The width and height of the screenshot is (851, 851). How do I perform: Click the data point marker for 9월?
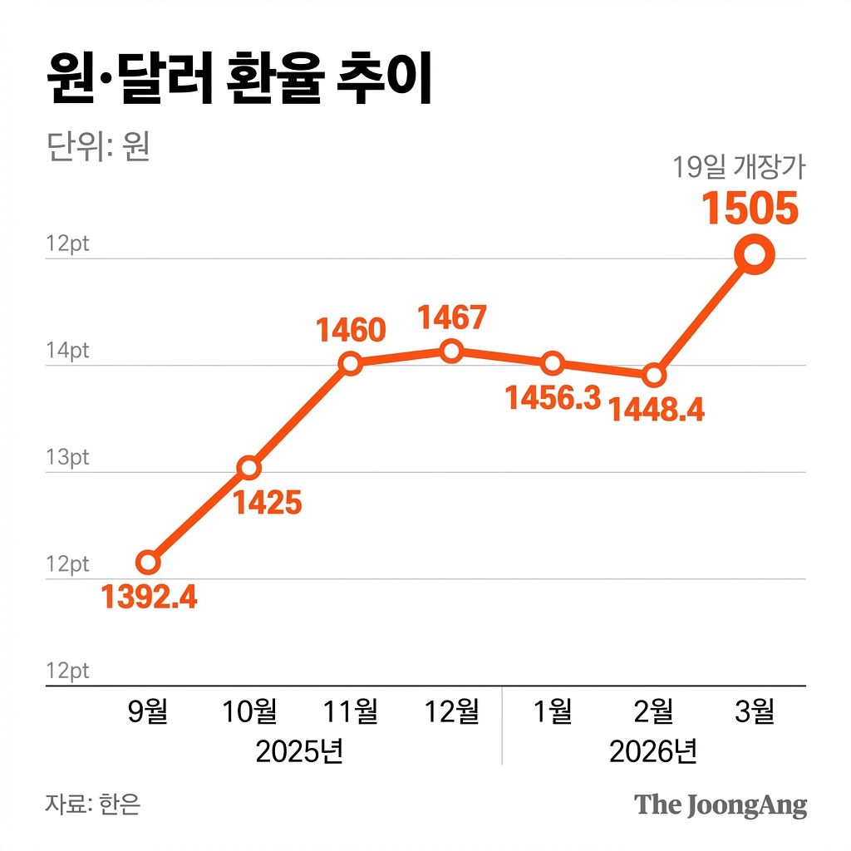click(x=147, y=563)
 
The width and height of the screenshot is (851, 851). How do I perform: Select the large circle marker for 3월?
click(x=754, y=255)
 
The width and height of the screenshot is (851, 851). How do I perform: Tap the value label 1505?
click(x=750, y=208)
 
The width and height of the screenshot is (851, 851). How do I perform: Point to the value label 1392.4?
click(x=150, y=596)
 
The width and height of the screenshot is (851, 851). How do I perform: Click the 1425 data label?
click(x=266, y=502)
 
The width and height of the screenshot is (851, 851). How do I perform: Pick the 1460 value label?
click(x=351, y=330)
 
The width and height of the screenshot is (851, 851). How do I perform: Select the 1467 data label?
click(x=451, y=317)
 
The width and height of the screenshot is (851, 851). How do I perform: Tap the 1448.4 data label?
click(x=657, y=409)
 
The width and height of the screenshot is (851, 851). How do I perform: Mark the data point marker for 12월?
click(x=451, y=352)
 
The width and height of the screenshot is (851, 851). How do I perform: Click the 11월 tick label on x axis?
click(x=351, y=711)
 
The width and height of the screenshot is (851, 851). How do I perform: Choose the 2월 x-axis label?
click(x=653, y=711)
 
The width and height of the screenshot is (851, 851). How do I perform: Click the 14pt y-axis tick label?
click(x=68, y=352)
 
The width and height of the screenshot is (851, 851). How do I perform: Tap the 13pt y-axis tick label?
click(x=68, y=458)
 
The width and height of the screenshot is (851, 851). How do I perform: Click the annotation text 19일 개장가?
click(x=739, y=167)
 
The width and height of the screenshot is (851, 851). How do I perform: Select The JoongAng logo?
click(x=721, y=804)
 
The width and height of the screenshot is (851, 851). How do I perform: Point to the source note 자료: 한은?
click(x=93, y=804)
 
